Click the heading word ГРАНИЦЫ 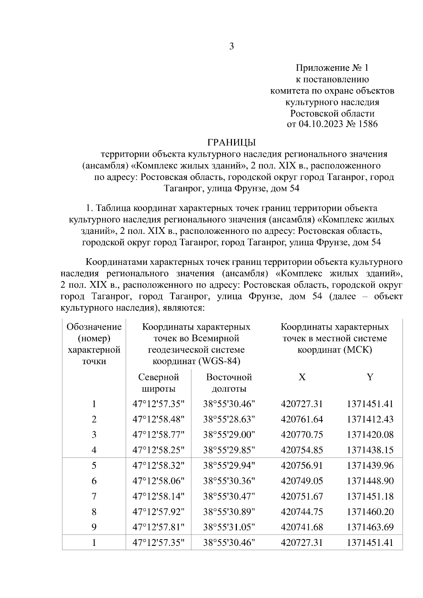[231, 142]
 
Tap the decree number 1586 [368, 124]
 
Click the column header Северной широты [158, 383]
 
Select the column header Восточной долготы [229, 383]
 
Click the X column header [302, 377]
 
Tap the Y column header [370, 377]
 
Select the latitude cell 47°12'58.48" [158, 419]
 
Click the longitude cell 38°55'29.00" [229, 435]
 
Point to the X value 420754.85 [302, 450]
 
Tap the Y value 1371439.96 [370, 466]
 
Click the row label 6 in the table [94, 481]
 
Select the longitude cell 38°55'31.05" [229, 527]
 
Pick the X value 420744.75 [302, 512]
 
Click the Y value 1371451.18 [370, 496]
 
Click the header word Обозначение [94, 327]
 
